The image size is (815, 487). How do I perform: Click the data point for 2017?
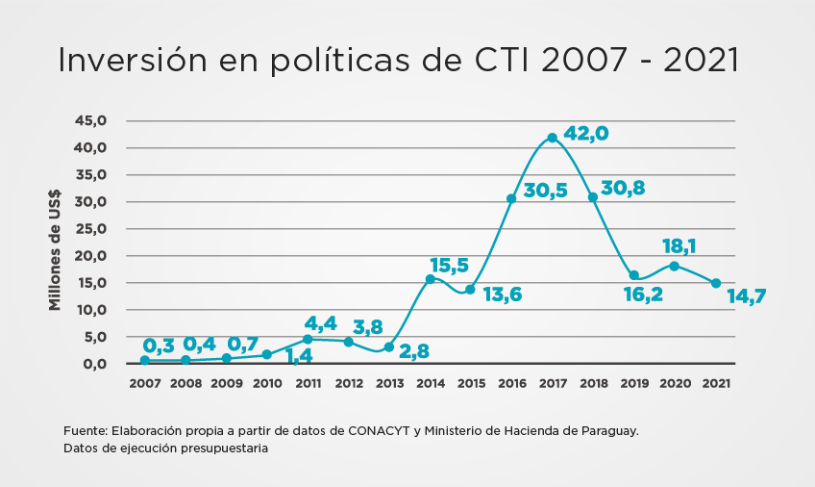pos(552,138)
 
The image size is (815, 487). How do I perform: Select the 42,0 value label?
pos(585,134)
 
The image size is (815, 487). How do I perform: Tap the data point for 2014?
pos(430,279)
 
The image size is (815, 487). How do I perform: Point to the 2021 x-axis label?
pos(715,383)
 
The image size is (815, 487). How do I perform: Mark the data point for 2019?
pos(634,275)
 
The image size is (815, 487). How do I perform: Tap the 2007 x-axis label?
pos(144,383)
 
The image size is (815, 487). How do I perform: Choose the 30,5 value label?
pos(545,191)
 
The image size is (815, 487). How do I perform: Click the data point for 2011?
pos(308,339)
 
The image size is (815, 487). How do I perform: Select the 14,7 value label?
pos(748,296)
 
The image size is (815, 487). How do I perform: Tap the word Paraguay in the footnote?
pos(607,430)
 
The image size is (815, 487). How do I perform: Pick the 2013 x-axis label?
pos(388,383)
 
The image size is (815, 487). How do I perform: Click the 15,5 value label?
pos(450,265)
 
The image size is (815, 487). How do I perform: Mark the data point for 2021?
pos(716,283)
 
